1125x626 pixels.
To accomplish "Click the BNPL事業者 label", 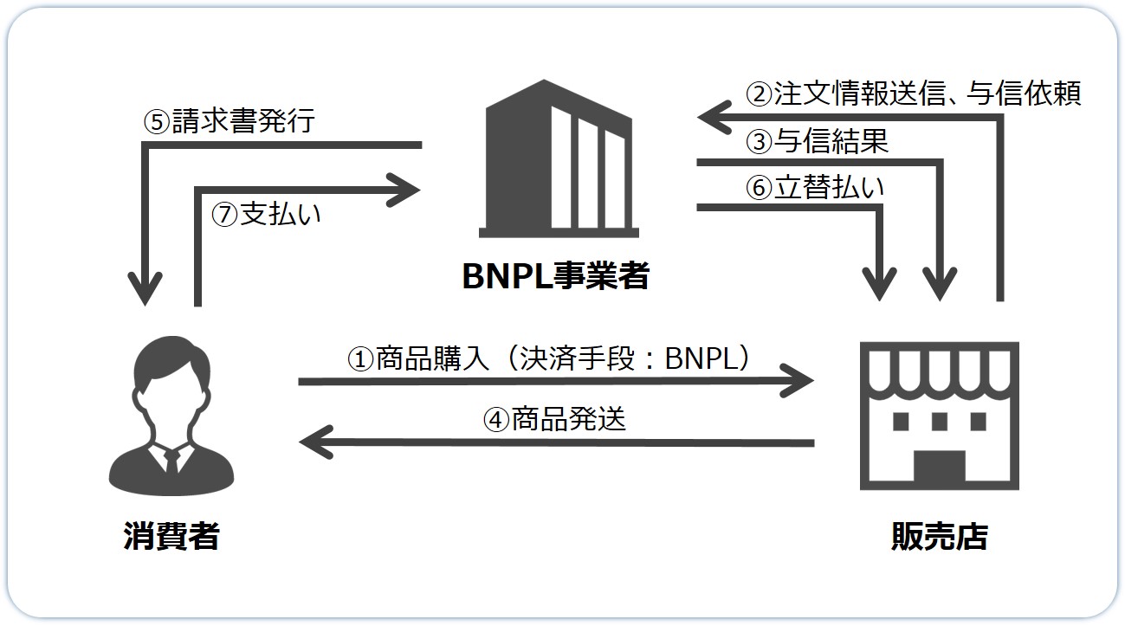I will (x=555, y=276).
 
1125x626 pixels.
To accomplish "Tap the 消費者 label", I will (x=171, y=537).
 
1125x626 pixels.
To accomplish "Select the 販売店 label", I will (x=939, y=537).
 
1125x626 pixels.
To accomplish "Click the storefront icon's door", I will (x=939, y=468).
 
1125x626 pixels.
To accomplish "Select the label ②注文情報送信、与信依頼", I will (x=914, y=94).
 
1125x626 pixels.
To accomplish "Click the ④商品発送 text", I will (x=554, y=420).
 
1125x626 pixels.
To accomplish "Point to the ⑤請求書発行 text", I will (x=229, y=121).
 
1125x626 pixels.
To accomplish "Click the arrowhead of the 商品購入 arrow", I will (x=801, y=380).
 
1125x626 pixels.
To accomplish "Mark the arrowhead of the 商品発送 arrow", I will (x=314, y=442).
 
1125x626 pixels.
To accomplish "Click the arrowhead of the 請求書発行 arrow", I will (x=148, y=291).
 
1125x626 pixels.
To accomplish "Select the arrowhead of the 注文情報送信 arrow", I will (x=713, y=118).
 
